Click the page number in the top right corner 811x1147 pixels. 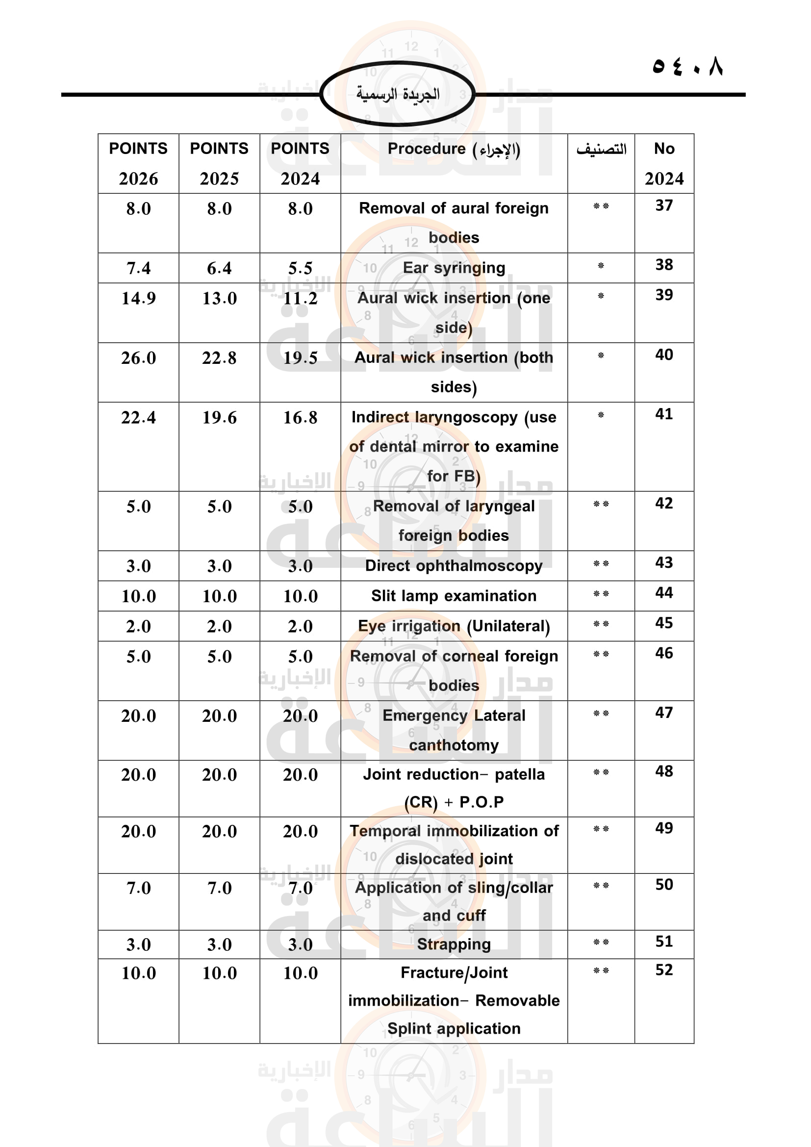point(687,65)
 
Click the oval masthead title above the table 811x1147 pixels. point(398,94)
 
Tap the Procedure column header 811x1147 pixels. point(454,149)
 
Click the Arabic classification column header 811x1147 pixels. point(601,149)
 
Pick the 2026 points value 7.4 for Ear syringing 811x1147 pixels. point(138,268)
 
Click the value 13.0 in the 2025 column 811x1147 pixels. point(219,298)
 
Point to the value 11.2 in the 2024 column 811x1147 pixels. point(300,298)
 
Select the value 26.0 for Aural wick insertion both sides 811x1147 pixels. point(138,357)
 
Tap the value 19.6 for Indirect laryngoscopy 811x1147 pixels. point(219,417)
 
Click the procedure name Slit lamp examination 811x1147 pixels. point(454,595)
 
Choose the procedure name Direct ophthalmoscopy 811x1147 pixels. point(454,565)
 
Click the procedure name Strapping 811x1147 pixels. point(454,943)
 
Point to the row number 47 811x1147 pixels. point(664,713)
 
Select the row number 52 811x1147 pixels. point(664,969)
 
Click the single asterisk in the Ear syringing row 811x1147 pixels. point(601,266)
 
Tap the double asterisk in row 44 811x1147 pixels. point(601,593)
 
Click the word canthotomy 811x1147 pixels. point(454,745)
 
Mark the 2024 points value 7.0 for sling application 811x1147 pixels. point(300,888)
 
